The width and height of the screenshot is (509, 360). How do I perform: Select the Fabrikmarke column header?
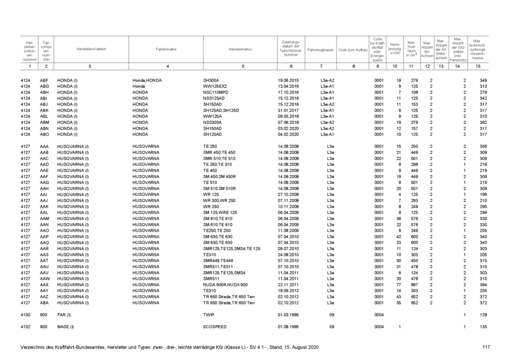(167, 50)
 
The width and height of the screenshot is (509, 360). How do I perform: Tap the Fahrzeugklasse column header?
(320, 50)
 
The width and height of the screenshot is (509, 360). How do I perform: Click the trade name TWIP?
(209, 315)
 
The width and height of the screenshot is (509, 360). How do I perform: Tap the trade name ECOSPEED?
(215, 327)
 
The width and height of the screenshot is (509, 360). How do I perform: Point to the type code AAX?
(44, 285)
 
